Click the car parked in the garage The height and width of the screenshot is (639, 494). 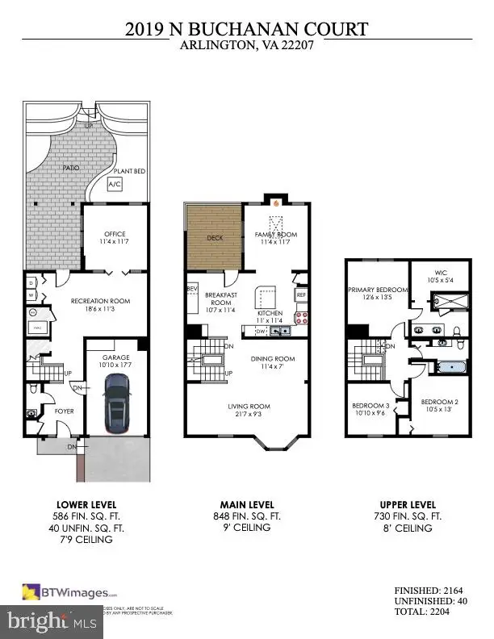(117, 401)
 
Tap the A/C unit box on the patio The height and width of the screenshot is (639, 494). (116, 185)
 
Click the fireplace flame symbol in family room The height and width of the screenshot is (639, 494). (276, 203)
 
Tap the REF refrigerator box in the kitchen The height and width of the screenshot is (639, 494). (302, 295)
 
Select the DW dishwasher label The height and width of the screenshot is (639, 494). (260, 332)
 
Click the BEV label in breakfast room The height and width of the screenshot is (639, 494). (192, 288)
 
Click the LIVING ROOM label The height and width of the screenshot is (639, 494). (246, 407)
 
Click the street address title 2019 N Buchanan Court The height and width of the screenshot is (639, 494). (246, 30)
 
